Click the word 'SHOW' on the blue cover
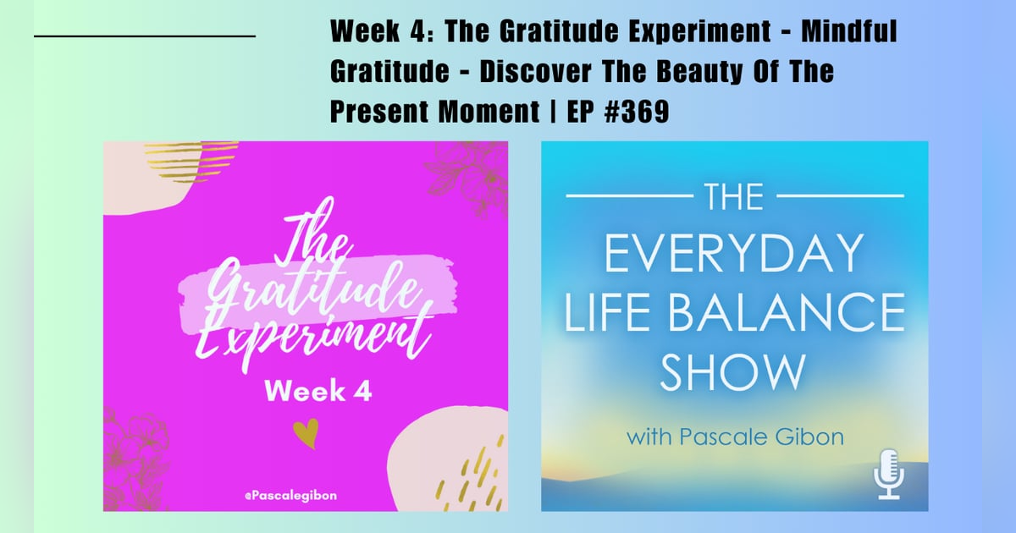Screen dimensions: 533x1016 (733, 372)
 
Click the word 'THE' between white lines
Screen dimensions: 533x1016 (734, 196)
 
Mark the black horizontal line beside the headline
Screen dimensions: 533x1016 (145, 36)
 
